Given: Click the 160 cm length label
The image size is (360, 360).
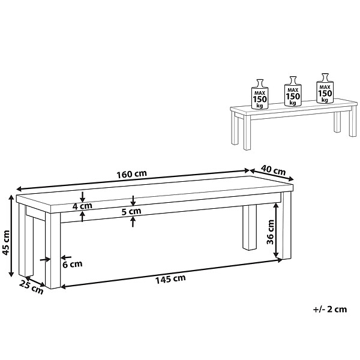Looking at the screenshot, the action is (x=131, y=174).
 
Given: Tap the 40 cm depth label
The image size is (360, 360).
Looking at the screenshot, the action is (x=273, y=170).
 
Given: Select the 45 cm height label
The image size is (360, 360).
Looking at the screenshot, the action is (x=5, y=242).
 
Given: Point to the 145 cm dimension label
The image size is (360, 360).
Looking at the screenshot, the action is (x=170, y=279).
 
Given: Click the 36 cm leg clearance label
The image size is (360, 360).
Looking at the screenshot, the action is (x=271, y=232).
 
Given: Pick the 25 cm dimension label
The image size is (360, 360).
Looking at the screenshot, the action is (x=31, y=287).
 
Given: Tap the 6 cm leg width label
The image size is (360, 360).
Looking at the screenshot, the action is (x=73, y=264).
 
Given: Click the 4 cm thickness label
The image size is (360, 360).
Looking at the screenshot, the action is (x=82, y=206).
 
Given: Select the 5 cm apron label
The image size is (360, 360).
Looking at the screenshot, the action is (x=131, y=211).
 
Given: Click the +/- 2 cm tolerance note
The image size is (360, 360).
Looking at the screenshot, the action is (x=330, y=309).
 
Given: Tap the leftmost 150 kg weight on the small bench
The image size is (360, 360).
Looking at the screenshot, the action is (x=260, y=94).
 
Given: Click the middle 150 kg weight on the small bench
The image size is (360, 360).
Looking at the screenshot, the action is (x=293, y=91).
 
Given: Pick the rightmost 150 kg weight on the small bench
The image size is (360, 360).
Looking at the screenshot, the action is (x=325, y=88).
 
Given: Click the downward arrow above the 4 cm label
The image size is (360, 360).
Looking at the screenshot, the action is (x=82, y=197).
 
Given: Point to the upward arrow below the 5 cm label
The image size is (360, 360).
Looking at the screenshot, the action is (x=133, y=221).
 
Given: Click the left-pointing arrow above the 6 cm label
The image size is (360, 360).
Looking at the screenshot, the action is (x=66, y=257).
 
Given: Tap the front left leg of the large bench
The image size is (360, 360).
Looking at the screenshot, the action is (x=53, y=250).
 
